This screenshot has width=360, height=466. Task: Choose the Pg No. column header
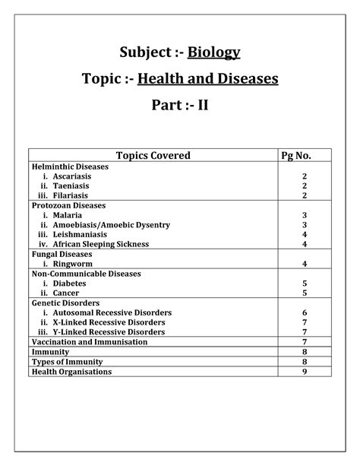click(304, 156)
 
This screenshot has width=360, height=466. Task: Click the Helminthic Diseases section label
click(70, 166)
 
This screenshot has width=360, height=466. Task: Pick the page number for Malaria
click(304, 215)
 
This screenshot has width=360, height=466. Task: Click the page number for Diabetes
click(304, 284)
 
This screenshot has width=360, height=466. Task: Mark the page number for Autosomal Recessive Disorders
click(304, 312)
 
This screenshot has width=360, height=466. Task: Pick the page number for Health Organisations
click(304, 372)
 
